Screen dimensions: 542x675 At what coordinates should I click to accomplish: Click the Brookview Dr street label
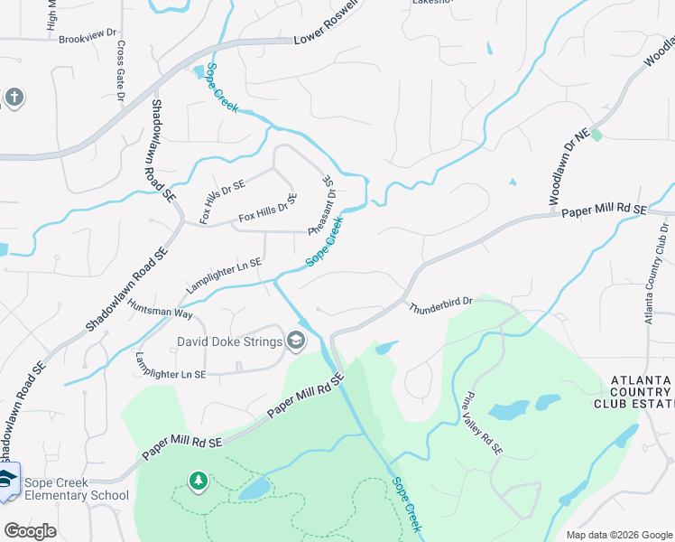tap(88, 37)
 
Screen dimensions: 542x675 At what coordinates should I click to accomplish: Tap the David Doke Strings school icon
tap(295, 340)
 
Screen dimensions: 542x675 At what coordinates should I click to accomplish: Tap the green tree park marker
tap(198, 481)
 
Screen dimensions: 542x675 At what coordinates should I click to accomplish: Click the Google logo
tap(30, 531)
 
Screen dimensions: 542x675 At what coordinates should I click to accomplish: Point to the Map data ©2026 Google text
tap(618, 535)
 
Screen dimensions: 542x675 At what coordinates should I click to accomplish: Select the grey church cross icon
tap(14, 97)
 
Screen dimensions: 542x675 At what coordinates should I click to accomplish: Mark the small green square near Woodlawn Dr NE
tap(596, 135)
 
